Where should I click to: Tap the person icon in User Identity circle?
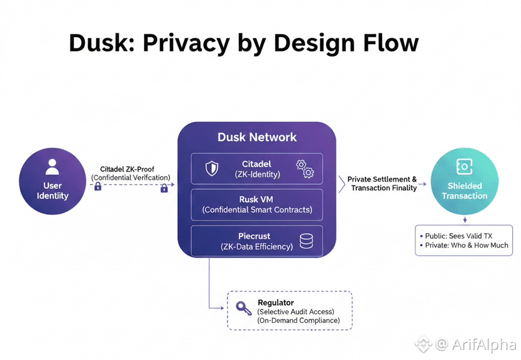(x=52, y=167)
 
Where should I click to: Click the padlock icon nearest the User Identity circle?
(x=98, y=187)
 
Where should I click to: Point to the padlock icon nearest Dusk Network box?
(x=164, y=187)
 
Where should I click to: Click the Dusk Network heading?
(x=256, y=137)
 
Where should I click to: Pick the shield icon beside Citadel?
(x=212, y=168)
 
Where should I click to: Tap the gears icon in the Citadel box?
(x=305, y=168)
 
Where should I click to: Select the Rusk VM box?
(x=256, y=204)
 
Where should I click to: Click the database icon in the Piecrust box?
(x=306, y=241)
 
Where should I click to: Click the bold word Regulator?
(x=276, y=303)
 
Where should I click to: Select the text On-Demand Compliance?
(x=299, y=320)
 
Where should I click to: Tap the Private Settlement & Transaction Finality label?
(x=382, y=183)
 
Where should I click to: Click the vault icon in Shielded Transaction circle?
(x=464, y=166)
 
